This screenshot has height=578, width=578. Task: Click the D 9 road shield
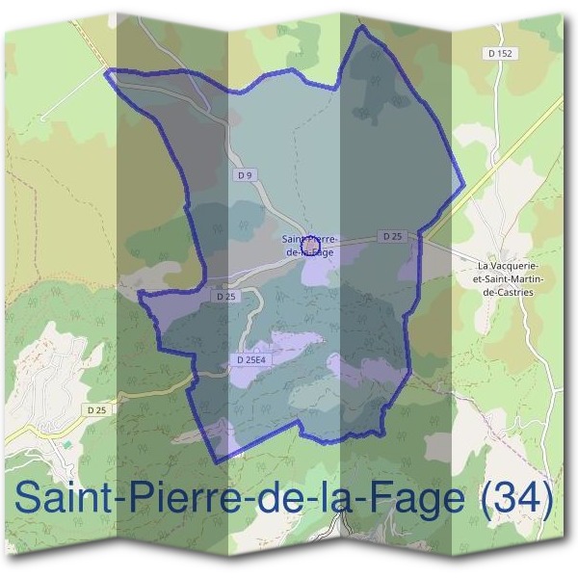click(x=245, y=175)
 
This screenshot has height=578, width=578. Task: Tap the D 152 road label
click(x=500, y=54)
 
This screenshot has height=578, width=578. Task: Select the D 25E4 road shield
click(x=250, y=359)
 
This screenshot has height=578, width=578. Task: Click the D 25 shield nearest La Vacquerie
click(x=392, y=236)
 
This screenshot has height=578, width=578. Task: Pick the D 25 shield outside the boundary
click(x=95, y=411)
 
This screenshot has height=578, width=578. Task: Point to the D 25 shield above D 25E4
click(x=226, y=297)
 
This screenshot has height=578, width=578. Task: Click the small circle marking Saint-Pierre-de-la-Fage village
click(x=310, y=247)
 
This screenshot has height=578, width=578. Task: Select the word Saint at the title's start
click(x=62, y=499)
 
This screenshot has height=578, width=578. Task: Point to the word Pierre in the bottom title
click(x=173, y=499)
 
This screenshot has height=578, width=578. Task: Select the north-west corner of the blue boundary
click(x=105, y=71)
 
